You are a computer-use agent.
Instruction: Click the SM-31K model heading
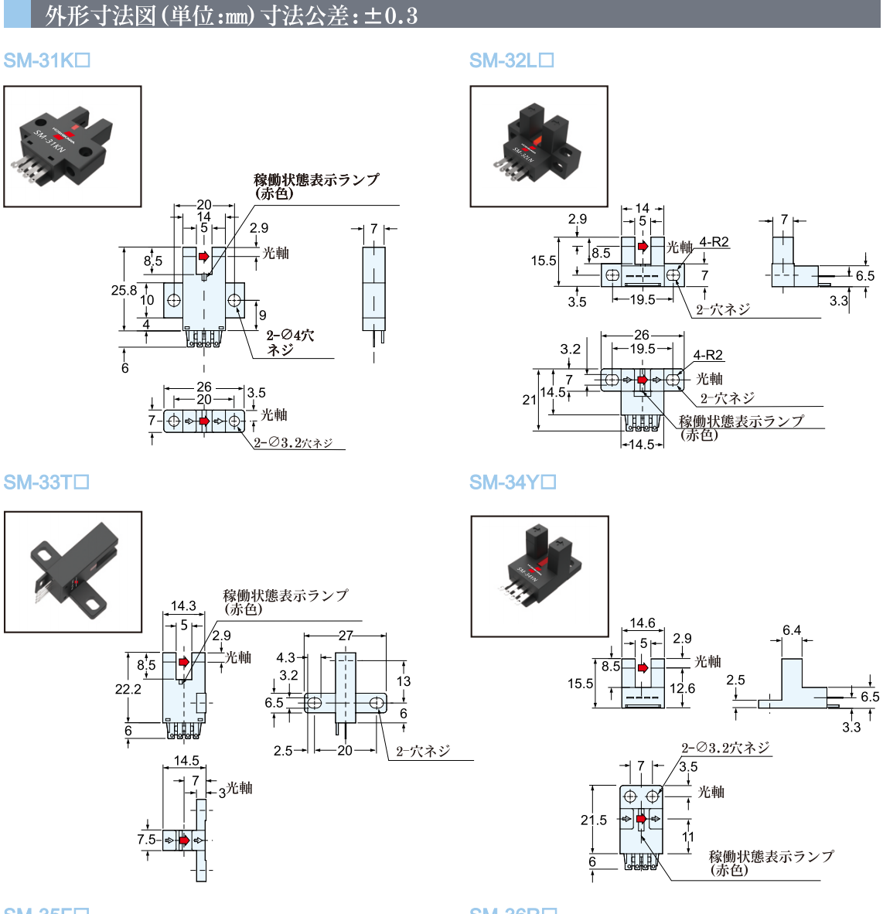[46, 60]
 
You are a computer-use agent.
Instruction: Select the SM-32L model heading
[511, 60]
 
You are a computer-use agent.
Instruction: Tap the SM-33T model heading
[46, 483]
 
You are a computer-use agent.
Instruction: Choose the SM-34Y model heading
[513, 483]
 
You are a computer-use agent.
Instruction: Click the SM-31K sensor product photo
[73, 146]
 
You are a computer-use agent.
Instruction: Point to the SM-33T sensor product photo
[73, 571]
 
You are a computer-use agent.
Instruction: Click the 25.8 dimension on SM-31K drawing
[124, 290]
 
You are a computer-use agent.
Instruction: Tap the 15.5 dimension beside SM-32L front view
[544, 261]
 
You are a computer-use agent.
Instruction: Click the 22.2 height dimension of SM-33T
[128, 689]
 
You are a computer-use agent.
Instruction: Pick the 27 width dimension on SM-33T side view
[345, 636]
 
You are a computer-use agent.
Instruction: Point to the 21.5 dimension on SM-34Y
[594, 820]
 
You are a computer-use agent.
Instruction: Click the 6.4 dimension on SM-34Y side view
[792, 630]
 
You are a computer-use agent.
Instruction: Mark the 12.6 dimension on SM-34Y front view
[682, 688]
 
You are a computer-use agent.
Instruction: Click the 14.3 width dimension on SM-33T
[183, 606]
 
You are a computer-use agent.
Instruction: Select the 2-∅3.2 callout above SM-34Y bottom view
[725, 748]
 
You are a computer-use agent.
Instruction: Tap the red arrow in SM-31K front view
[204, 256]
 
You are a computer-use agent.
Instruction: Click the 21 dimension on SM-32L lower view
[529, 400]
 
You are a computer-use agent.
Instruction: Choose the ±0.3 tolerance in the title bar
[390, 15]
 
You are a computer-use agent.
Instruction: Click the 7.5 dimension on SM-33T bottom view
[146, 840]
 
